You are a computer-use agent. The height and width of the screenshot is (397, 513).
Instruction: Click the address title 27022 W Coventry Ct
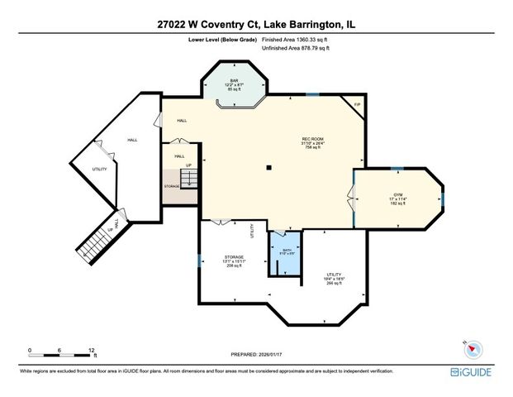tap(256, 24)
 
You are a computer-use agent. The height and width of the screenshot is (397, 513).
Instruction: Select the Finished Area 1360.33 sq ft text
tap(296, 39)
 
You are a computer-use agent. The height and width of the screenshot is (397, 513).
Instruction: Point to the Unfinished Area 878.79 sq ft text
tap(296, 49)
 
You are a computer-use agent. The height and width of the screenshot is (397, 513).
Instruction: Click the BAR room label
tap(234, 80)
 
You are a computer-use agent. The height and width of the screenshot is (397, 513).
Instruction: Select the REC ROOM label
tap(311, 139)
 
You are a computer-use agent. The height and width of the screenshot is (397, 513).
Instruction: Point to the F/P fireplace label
tap(357, 105)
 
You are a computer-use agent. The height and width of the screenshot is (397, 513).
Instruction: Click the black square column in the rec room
tap(268, 169)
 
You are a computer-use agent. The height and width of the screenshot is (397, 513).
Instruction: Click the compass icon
tap(468, 347)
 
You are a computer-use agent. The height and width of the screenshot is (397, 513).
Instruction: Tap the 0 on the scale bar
tap(31, 350)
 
